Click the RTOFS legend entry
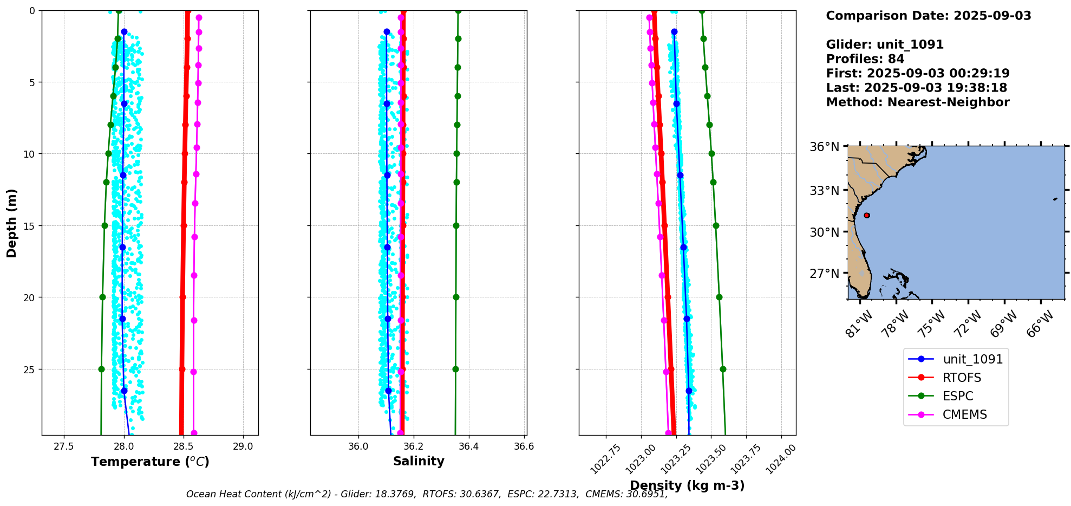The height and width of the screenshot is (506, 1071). [962, 378]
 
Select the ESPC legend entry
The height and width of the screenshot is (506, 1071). [958, 396]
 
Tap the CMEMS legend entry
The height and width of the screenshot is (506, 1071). [964, 414]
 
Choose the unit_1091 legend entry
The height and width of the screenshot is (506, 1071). [972, 359]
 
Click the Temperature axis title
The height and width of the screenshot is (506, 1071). [150, 462]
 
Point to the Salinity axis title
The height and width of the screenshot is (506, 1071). [419, 461]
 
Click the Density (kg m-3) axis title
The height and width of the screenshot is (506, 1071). [687, 485]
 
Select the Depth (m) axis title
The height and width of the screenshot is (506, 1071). [12, 223]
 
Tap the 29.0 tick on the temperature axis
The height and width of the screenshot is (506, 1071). [243, 446]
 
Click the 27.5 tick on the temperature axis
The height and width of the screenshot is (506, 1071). [64, 446]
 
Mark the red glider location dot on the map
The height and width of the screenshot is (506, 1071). [867, 215]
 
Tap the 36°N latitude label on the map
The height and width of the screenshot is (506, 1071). [824, 147]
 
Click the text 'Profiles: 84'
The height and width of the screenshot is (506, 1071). [865, 59]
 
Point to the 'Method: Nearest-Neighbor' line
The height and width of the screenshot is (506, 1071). [917, 102]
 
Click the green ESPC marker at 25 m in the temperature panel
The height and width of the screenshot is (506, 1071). [101, 369]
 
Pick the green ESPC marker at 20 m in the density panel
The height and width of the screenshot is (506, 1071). [719, 297]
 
